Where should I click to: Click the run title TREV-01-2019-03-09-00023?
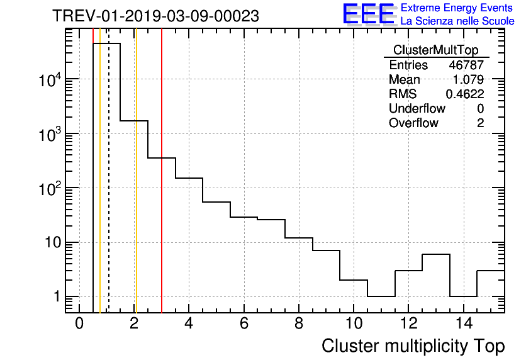(x=155, y=16)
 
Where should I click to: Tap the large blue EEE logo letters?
(x=369, y=14)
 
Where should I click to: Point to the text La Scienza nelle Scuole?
(x=457, y=21)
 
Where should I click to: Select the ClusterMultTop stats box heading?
(x=435, y=50)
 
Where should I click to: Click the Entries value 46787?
(x=466, y=65)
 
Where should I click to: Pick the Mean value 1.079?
(x=469, y=80)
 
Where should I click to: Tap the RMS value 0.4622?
(x=465, y=94)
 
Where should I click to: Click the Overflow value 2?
(x=480, y=123)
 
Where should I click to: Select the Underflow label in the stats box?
(x=417, y=109)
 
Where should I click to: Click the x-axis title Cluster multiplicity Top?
(x=413, y=346)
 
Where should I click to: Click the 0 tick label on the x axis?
(x=79, y=324)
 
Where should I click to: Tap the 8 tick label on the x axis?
(x=298, y=324)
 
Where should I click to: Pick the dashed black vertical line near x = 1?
(x=109, y=189)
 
